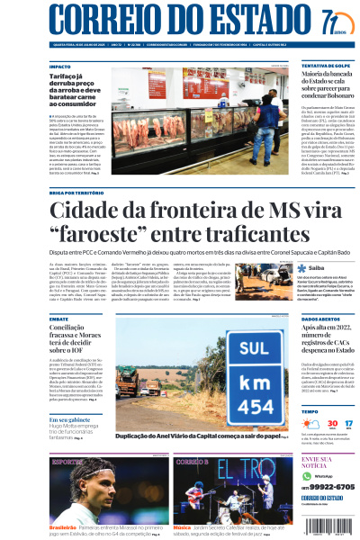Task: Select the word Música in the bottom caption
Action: click(182, 527)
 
